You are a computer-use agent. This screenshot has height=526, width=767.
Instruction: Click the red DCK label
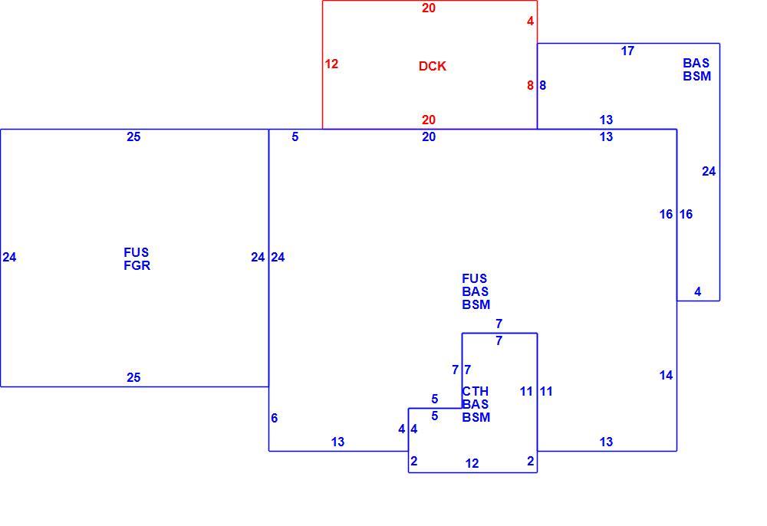click(433, 67)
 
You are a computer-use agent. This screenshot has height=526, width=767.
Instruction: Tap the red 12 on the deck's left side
click(331, 64)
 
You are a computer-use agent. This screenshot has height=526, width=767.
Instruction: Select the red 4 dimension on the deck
click(530, 21)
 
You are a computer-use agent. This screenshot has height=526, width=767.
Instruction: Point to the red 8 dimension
click(530, 86)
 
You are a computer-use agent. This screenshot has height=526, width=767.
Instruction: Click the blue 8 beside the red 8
click(542, 86)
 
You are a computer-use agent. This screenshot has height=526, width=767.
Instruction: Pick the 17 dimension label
click(627, 51)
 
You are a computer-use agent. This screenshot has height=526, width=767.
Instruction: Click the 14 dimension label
click(666, 376)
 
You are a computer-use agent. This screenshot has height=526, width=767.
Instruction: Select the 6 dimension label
click(275, 419)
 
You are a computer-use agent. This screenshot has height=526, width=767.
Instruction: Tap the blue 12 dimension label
click(472, 463)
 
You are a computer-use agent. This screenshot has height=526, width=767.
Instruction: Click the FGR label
click(137, 266)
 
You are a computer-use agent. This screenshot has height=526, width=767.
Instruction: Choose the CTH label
click(476, 392)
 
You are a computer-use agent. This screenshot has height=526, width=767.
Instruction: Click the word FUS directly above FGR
click(136, 253)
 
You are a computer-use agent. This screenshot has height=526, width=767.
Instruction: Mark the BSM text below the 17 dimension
click(697, 76)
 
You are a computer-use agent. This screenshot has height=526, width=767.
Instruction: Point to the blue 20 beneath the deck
click(429, 137)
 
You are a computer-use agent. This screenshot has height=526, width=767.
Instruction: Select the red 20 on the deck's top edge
click(429, 8)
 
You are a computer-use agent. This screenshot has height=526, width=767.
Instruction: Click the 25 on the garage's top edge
click(133, 137)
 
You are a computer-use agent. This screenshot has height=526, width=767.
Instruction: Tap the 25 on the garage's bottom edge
click(133, 377)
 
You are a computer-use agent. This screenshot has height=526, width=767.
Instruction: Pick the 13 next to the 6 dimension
click(337, 442)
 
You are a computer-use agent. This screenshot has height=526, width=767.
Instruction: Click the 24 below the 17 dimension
click(709, 172)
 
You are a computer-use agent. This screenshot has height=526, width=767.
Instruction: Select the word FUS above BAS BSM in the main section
click(475, 278)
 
